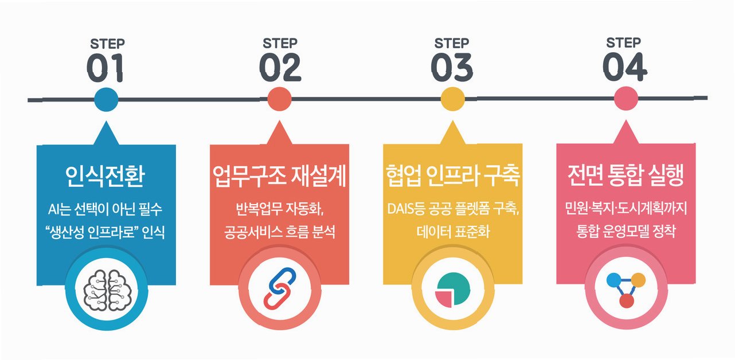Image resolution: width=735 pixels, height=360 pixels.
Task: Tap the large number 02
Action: tap(280, 68)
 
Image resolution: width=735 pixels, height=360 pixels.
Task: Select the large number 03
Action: tap(452, 68)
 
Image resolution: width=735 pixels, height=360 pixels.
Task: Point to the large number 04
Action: tap(624, 68)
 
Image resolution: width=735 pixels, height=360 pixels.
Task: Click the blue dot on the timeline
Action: tap(106, 100)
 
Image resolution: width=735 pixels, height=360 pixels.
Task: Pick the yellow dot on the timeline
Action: tap(452, 100)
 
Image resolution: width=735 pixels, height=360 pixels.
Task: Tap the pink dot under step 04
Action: tap(625, 100)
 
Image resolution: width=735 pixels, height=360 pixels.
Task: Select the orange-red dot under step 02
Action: tap(280, 100)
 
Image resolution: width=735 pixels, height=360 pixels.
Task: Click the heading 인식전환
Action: tap(106, 178)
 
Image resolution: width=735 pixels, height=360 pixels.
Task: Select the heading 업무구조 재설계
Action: tap(279, 178)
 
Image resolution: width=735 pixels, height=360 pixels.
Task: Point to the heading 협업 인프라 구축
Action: tap(452, 178)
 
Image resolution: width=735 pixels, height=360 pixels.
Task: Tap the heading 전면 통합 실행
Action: tap(626, 177)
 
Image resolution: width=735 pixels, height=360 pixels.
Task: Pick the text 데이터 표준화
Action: tap(452, 232)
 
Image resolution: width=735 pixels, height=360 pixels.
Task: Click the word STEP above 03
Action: tap(452, 43)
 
